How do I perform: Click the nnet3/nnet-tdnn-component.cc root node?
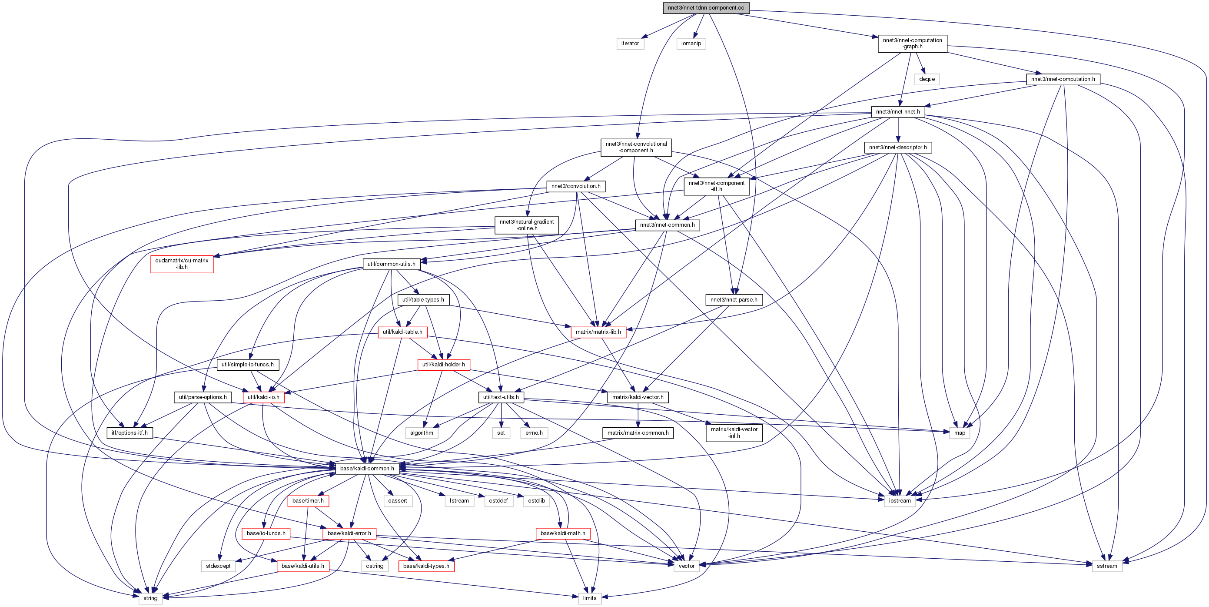(706, 7)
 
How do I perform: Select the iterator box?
(630, 43)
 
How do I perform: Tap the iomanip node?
(691, 43)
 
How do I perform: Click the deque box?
(927, 79)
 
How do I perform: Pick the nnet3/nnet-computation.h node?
(1063, 79)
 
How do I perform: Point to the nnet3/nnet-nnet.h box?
(897, 112)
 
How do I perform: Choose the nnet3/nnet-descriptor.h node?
(897, 148)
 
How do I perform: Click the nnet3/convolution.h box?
(575, 186)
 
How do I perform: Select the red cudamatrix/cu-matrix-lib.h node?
(182, 264)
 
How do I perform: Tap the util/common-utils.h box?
(391, 264)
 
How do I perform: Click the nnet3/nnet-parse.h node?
(734, 300)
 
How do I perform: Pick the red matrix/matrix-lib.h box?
(598, 332)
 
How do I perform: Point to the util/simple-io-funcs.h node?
(247, 365)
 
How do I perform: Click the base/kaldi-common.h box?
(367, 468)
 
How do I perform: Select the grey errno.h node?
(534, 433)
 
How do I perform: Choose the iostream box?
(899, 501)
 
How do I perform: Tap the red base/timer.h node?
(308, 501)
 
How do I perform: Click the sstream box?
(1107, 566)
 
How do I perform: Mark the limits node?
(589, 598)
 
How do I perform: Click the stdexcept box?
(218, 566)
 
